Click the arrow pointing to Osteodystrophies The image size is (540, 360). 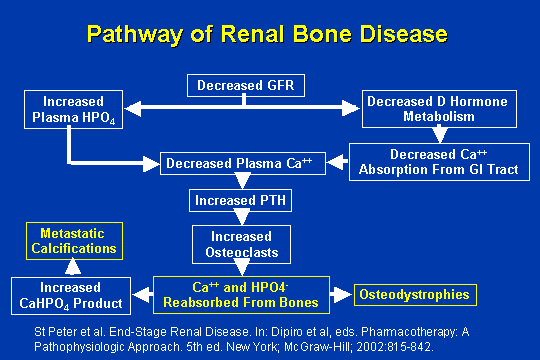340,295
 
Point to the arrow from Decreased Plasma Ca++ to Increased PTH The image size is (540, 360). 241,181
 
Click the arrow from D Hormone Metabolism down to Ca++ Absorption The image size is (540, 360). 437,135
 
